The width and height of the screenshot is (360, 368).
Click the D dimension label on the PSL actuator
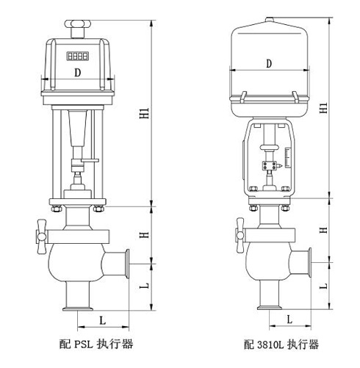pos(78,72)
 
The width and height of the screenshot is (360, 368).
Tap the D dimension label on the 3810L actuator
pos(269,64)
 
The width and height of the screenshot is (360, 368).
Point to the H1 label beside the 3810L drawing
pos(324,108)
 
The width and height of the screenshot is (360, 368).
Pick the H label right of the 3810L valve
pos(324,231)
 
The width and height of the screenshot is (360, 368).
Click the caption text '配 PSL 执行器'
pos(96,343)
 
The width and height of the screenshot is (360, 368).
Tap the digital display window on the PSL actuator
pos(78,55)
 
